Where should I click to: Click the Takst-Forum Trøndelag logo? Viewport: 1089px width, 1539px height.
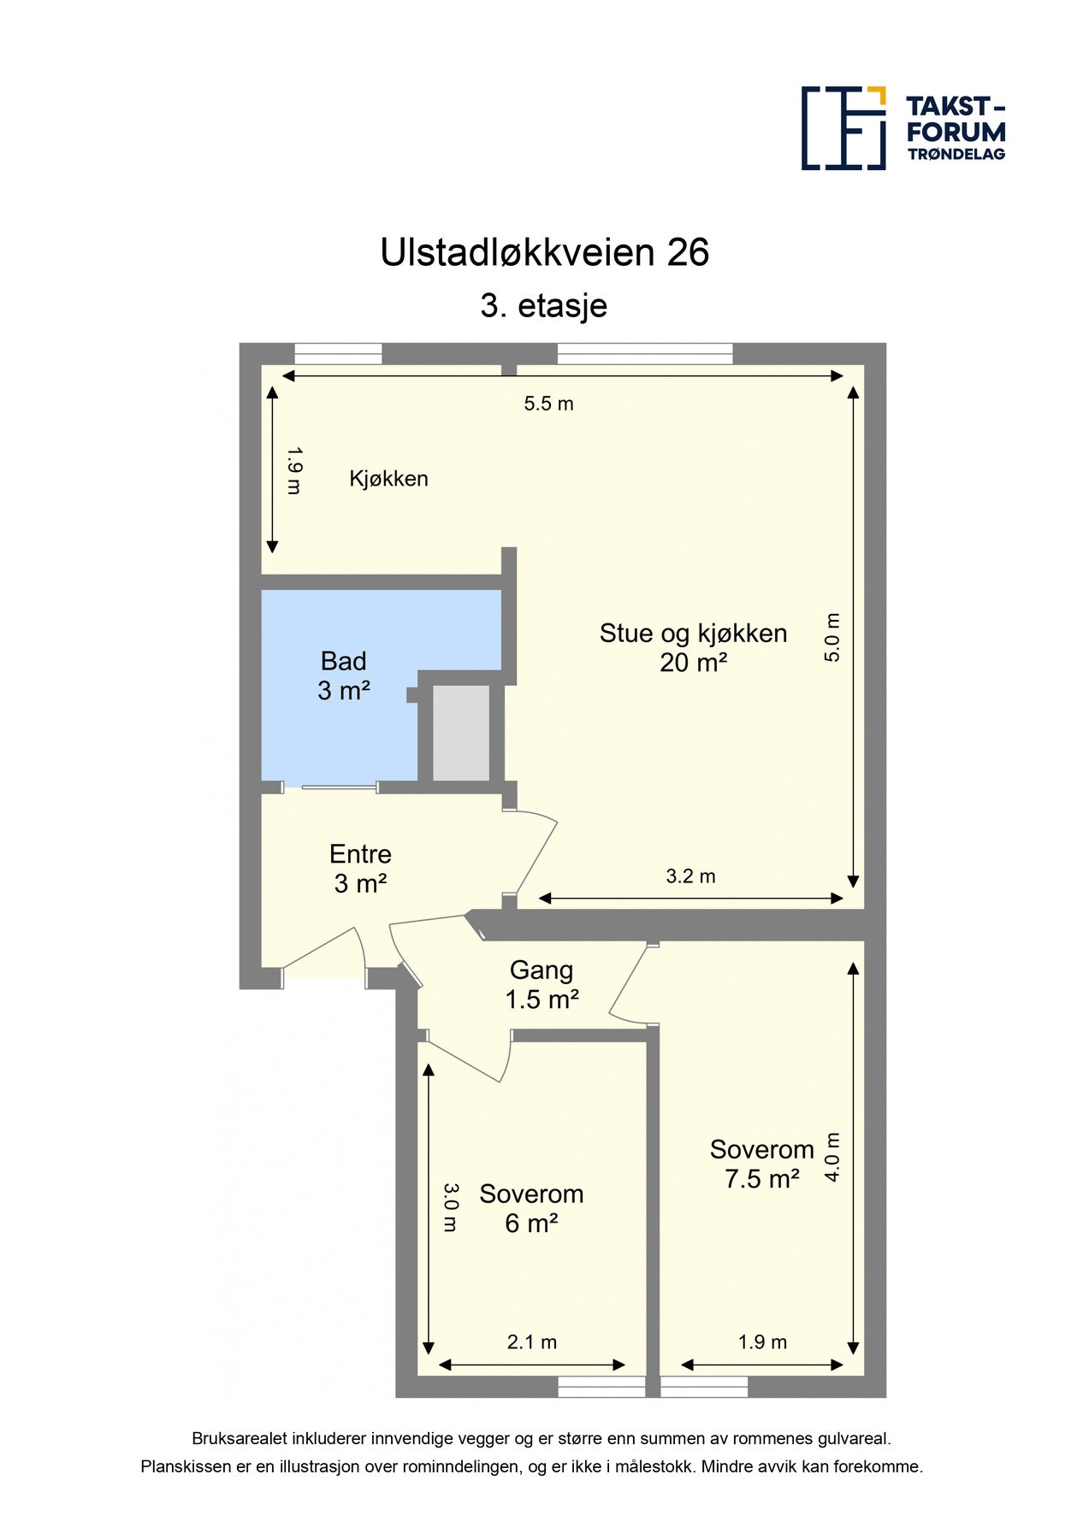click(x=903, y=128)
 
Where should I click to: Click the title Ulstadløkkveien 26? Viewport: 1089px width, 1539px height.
click(x=544, y=252)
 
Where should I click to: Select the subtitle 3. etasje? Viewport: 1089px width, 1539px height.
click(x=544, y=305)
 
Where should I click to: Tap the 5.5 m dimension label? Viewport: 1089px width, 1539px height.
click(x=548, y=404)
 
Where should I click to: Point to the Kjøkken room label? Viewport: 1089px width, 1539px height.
click(x=388, y=479)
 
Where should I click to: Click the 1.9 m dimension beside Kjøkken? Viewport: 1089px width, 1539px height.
click(x=293, y=470)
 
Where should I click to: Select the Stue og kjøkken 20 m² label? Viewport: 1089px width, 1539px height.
click(x=693, y=647)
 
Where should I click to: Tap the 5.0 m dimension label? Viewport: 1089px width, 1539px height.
click(x=832, y=637)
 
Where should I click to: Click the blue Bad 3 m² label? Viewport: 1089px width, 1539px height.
click(x=344, y=675)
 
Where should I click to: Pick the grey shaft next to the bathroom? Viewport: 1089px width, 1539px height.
click(x=461, y=732)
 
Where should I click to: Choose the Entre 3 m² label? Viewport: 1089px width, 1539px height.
click(x=360, y=869)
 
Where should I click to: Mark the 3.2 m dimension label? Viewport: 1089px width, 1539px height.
click(x=690, y=876)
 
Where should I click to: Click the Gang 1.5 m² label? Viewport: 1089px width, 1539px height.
click(x=542, y=985)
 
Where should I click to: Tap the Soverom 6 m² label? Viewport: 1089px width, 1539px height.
click(x=531, y=1208)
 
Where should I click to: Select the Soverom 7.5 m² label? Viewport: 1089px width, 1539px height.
click(x=761, y=1164)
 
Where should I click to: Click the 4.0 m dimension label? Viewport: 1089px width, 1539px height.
click(x=832, y=1158)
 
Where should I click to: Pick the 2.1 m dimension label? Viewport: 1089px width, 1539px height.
click(x=531, y=1342)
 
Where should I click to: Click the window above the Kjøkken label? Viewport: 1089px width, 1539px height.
click(x=338, y=353)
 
